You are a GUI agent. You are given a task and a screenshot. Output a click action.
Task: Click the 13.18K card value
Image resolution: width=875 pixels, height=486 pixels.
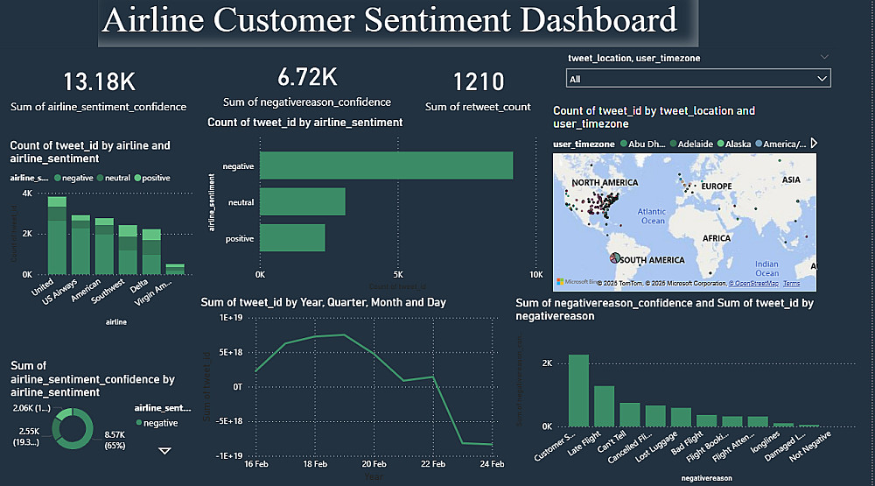pyautogui.click(x=99, y=82)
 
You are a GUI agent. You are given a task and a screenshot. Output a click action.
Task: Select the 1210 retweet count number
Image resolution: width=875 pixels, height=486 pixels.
pyautogui.click(x=479, y=82)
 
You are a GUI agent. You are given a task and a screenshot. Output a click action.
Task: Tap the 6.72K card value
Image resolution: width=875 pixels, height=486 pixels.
pyautogui.click(x=307, y=78)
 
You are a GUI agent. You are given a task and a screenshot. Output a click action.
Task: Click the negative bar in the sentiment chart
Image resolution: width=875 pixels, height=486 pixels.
pyautogui.click(x=386, y=166)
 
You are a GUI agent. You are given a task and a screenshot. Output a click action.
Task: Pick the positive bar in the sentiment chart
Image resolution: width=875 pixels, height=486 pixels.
pyautogui.click(x=292, y=238)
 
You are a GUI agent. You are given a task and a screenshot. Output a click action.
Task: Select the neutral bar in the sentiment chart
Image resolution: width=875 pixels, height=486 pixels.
pyautogui.click(x=303, y=201)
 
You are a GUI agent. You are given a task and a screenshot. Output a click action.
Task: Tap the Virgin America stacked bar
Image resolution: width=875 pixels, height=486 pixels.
pyautogui.click(x=175, y=269)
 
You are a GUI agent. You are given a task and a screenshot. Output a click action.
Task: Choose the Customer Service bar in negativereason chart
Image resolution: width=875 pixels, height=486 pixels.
pyautogui.click(x=578, y=391)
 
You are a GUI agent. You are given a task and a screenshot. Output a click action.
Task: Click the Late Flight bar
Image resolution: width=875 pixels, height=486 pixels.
pyautogui.click(x=604, y=405)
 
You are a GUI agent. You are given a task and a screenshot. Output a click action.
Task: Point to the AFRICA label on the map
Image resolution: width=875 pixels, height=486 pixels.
pyautogui.click(x=717, y=237)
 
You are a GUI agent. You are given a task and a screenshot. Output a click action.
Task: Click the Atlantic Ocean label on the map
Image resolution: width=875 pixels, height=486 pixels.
pyautogui.click(x=651, y=215)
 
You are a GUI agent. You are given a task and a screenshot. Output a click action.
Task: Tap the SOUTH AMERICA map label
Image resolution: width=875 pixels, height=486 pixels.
pyautogui.click(x=653, y=260)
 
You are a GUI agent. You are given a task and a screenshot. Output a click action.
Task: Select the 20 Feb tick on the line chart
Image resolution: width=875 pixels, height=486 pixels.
pyautogui.click(x=374, y=465)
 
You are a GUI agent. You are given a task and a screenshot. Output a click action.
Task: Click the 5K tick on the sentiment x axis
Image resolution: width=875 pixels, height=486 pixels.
pyautogui.click(x=398, y=273)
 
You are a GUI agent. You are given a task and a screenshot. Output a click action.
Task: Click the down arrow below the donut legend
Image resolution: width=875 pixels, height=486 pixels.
pyautogui.click(x=164, y=451)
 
